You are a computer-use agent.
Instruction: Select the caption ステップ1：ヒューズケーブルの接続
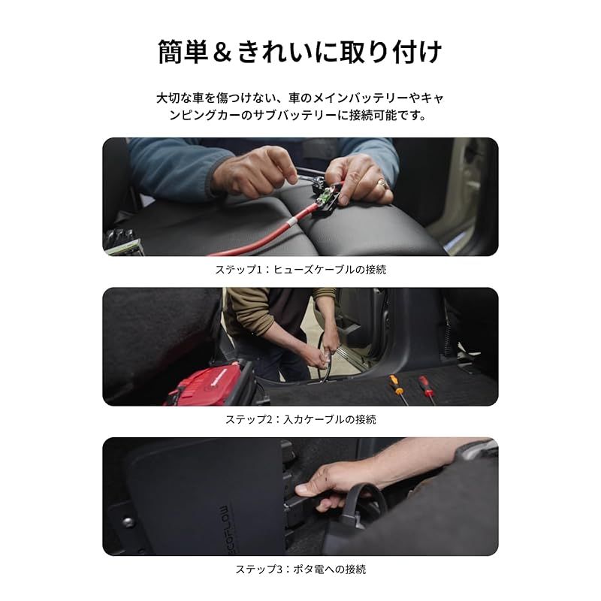pyautogui.click(x=300, y=269)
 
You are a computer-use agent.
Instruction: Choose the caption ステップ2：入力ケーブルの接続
pyautogui.click(x=300, y=419)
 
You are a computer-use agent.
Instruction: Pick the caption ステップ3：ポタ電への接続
pyautogui.click(x=300, y=569)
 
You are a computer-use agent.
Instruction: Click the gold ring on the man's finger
pyautogui.click(x=382, y=183)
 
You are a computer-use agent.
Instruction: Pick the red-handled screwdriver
pyautogui.click(x=426, y=386)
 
